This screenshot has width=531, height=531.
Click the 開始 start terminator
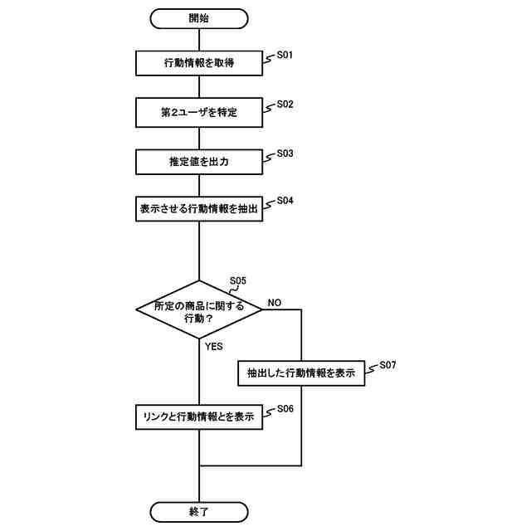coord(199,17)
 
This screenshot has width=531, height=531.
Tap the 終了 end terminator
coord(199,511)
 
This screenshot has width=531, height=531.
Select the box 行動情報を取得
coord(199,62)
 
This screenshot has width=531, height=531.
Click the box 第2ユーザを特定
coord(199,111)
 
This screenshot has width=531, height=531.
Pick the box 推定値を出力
coord(199,161)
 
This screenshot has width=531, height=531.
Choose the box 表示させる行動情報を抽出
coord(199,208)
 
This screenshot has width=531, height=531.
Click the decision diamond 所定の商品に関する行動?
coord(199,309)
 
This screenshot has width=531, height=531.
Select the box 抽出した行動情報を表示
coord(301,373)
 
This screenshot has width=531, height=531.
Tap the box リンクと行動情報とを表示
coord(199,417)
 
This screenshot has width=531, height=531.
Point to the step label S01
coord(285,56)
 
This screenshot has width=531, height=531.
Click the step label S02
coord(285,105)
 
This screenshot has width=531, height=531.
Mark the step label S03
coord(285,153)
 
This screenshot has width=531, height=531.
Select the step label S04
coord(285,201)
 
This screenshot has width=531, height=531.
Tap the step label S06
coord(285,409)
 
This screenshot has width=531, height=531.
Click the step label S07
coord(388,365)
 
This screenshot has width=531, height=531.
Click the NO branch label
coord(275,303)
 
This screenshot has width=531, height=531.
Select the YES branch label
coord(214,347)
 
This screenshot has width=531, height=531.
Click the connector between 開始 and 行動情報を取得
coord(199,38)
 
